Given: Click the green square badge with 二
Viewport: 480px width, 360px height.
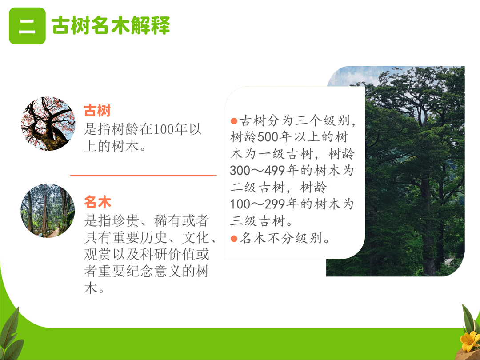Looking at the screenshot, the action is pyautogui.click(x=27, y=26).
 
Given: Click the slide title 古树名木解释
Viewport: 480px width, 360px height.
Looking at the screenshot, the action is pyautogui.click(x=111, y=25).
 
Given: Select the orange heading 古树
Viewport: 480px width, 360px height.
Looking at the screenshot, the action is pyautogui.click(x=97, y=111).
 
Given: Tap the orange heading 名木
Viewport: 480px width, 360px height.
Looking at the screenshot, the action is pyautogui.click(x=97, y=202).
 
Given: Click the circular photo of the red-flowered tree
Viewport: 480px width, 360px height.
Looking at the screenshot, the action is pyautogui.click(x=48, y=124).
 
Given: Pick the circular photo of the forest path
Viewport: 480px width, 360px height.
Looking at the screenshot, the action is pyautogui.click(x=48, y=211).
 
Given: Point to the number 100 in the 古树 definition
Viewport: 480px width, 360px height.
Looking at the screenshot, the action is pyautogui.click(x=164, y=129).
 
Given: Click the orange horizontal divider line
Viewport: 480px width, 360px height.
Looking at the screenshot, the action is pyautogui.click(x=143, y=175).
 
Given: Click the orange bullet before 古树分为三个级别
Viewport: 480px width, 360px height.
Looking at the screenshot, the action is pyautogui.click(x=234, y=121).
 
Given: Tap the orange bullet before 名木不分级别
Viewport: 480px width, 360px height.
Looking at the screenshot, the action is pyautogui.click(x=234, y=239).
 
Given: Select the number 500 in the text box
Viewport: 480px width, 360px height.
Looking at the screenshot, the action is pyautogui.click(x=268, y=137).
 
